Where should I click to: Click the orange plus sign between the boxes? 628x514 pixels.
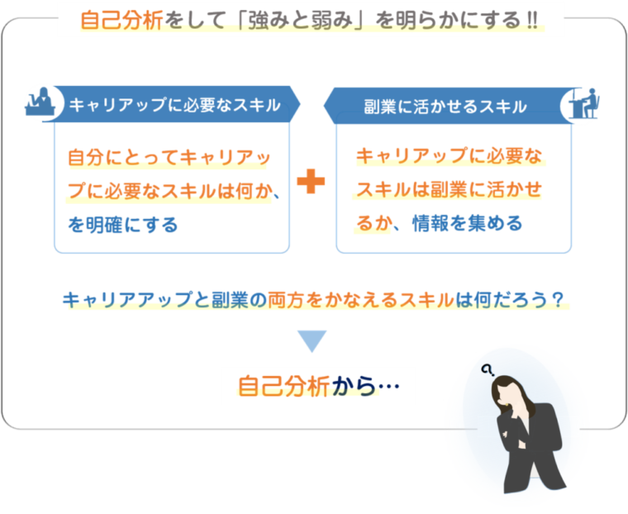(x=312, y=182)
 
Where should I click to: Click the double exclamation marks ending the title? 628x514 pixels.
(x=532, y=20)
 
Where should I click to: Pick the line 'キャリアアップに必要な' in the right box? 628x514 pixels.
(x=451, y=156)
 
